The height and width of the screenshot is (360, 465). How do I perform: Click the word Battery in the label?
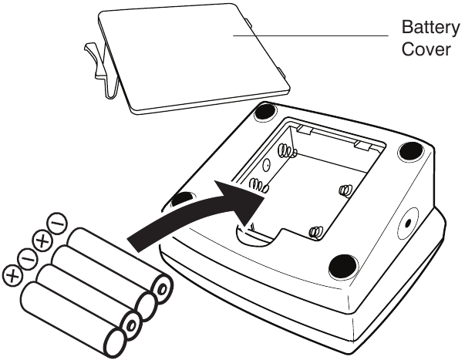430,27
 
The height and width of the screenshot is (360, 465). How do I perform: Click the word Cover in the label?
426,49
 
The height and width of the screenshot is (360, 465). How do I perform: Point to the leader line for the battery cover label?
311,35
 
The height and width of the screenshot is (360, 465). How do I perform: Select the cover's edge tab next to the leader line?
248,22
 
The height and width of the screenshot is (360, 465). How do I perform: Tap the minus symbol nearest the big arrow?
57,224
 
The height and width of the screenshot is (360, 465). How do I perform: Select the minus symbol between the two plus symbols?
27,259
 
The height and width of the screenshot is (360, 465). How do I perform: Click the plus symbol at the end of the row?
13,277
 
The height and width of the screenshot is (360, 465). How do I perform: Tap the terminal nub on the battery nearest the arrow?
162,289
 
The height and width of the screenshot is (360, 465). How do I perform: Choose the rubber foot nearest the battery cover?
266,112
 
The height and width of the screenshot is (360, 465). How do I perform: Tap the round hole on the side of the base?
408,223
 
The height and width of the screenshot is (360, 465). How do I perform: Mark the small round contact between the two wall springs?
267,164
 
